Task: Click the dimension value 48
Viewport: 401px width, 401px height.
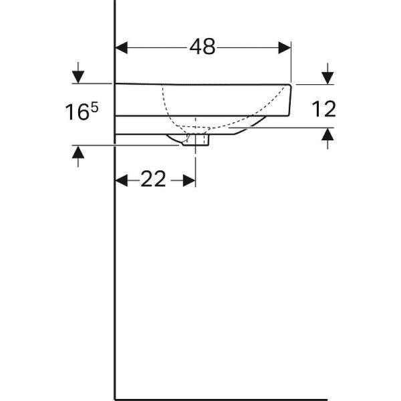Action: [x=203, y=47]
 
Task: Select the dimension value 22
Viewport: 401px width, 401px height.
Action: [x=153, y=180]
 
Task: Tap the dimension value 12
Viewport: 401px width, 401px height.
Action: [x=324, y=109]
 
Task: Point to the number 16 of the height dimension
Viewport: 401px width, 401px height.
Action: [x=78, y=113]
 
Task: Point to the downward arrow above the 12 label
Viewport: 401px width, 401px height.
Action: [x=327, y=74]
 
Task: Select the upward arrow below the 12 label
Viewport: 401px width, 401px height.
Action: [x=327, y=137]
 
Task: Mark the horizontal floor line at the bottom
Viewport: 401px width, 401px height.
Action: [x=221, y=399]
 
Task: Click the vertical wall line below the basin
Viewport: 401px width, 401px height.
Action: [x=116, y=267]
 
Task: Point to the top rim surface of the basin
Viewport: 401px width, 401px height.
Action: [x=200, y=84]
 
